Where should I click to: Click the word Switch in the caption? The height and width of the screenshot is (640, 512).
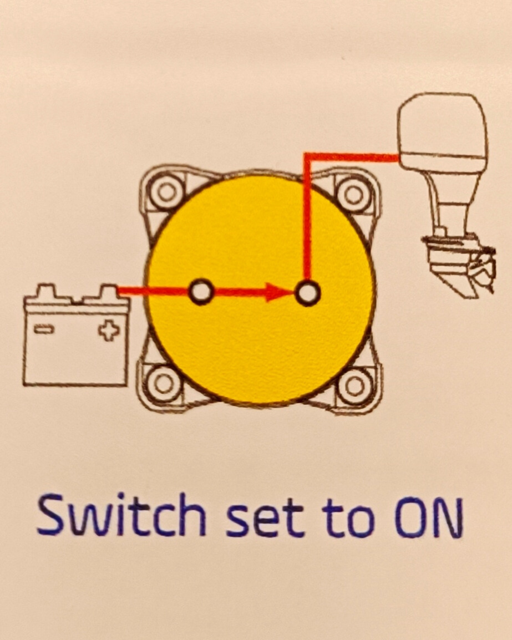point(121,515)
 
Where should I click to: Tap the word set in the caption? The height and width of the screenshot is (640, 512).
point(263,519)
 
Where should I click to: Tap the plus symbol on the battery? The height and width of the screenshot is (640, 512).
point(109,331)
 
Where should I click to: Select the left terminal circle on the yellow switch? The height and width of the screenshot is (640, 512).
point(201,291)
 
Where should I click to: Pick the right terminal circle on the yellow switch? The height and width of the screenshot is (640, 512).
point(307,292)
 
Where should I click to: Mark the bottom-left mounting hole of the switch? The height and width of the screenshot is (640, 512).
point(163,383)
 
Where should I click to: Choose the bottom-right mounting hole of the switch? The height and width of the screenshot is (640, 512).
point(354,385)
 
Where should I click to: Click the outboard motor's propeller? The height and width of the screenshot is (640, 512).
point(483,270)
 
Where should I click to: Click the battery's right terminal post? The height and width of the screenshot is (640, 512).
point(108,292)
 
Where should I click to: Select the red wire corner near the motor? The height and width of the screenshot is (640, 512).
point(307,156)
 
